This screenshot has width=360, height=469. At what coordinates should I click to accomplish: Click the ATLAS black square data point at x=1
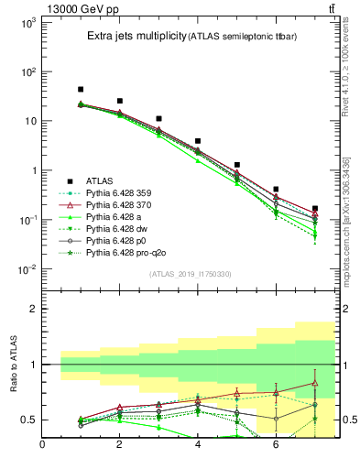click(x=81, y=90)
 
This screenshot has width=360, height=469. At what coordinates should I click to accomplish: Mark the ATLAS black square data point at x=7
click(x=315, y=209)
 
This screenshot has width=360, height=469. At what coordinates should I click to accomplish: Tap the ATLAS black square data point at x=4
click(x=198, y=142)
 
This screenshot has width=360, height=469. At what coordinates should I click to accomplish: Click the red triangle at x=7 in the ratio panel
click(x=315, y=383)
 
